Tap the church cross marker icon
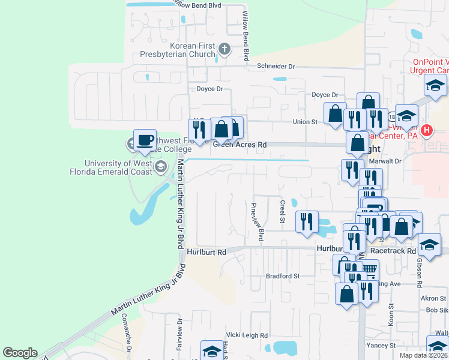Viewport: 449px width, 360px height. tap(224, 49)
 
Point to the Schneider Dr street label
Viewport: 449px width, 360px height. tap(276, 67)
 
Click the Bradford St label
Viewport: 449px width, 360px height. tap(283, 276)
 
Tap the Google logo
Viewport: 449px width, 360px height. tap(20, 353)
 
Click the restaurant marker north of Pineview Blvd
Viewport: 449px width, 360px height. tap(307, 221)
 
